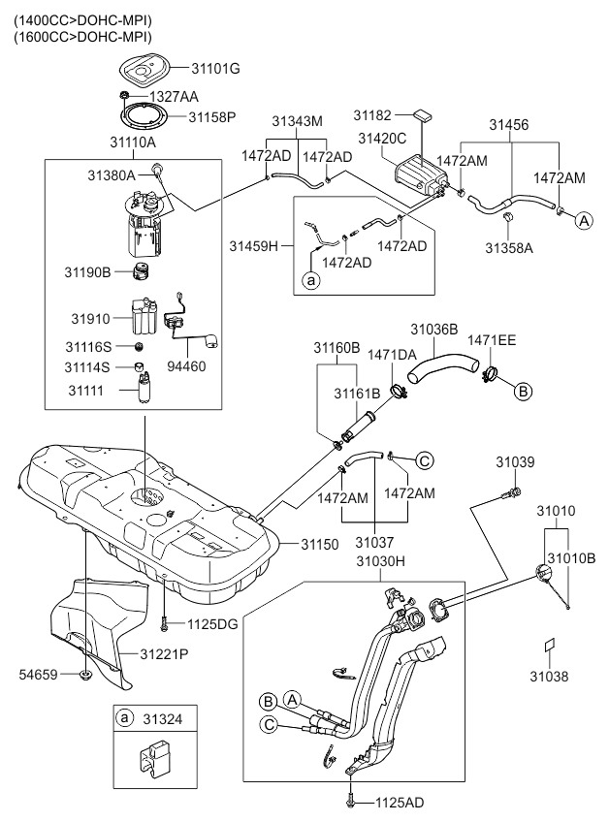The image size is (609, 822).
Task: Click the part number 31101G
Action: [x=214, y=69]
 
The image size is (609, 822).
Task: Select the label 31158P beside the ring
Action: [x=212, y=116]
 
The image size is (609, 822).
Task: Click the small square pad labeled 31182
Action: [x=420, y=116]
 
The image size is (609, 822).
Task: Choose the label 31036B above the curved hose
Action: [x=433, y=330]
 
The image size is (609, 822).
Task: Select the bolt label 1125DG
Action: [x=213, y=623]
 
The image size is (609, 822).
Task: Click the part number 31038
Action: [x=549, y=675]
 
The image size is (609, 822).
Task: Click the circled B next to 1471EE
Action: [x=521, y=391]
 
